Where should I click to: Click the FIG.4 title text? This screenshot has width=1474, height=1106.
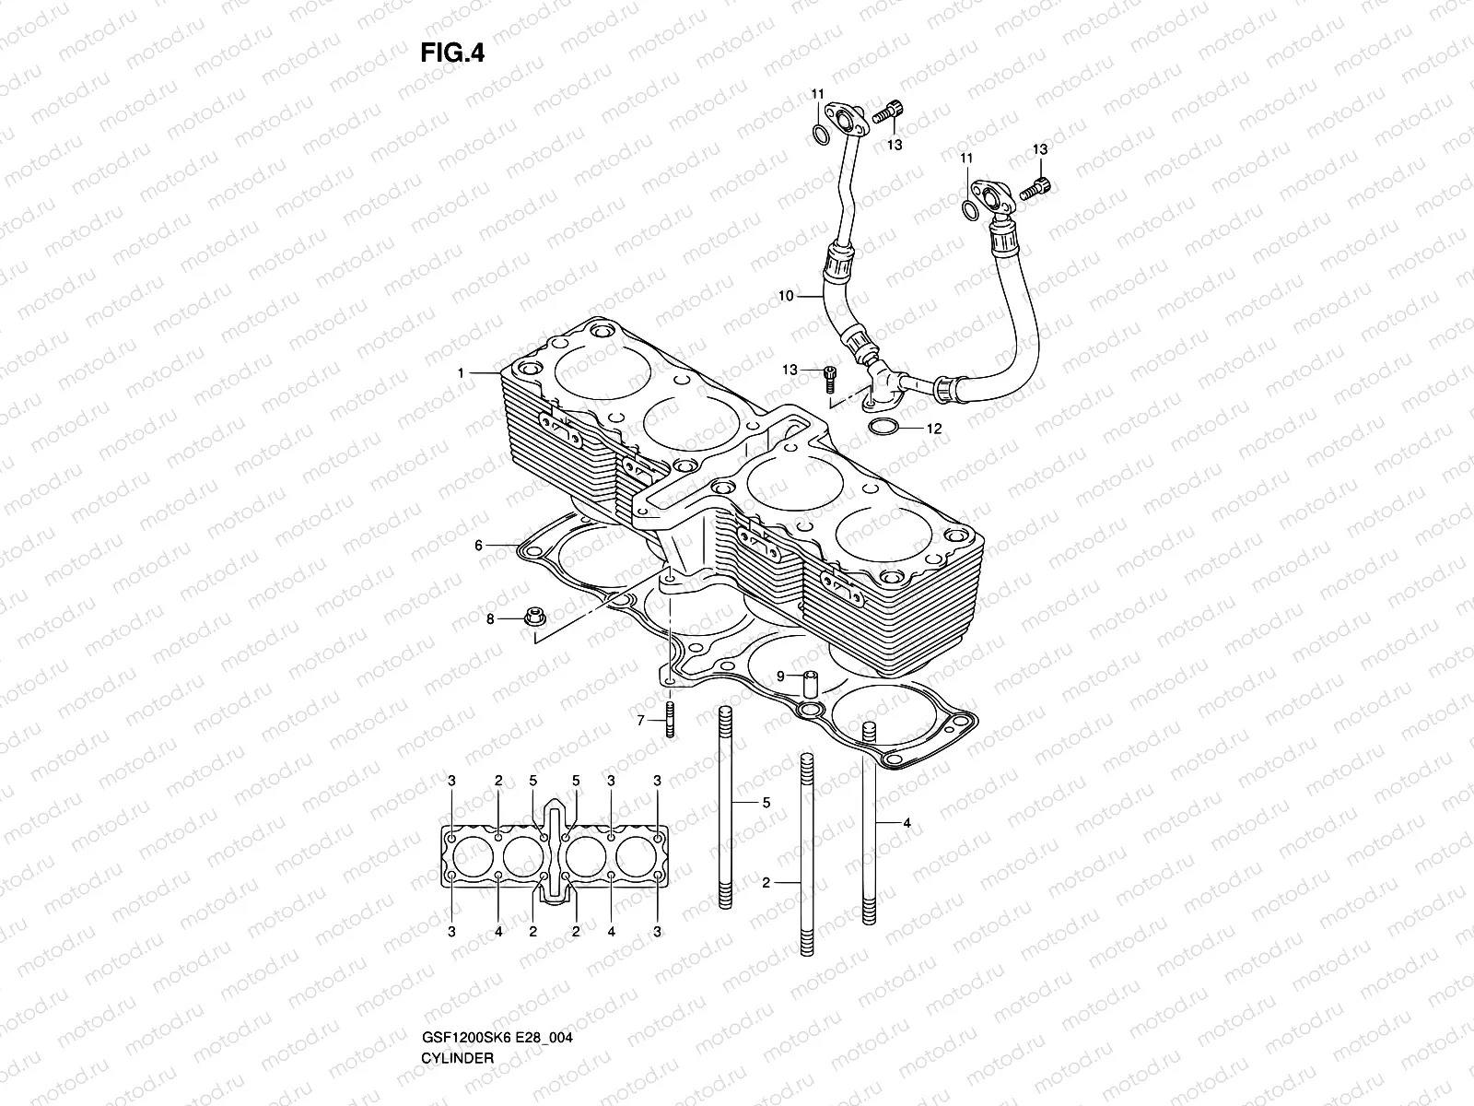452,53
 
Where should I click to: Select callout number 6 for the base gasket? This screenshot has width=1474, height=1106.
478,546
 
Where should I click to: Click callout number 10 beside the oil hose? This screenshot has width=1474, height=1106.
786,296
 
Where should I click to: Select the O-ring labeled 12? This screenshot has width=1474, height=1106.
883,428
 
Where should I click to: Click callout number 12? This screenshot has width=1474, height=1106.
934,429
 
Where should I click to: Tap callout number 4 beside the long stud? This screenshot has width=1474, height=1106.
907,823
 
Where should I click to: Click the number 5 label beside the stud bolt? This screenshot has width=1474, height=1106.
766,803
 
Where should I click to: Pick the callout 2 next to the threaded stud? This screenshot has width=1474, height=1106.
766,882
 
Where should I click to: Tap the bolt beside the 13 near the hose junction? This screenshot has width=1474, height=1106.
829,373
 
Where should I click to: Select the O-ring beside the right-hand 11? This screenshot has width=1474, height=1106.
969,210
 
